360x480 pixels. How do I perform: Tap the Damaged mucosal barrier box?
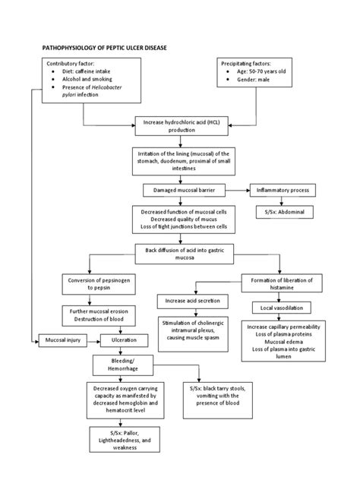(180, 190)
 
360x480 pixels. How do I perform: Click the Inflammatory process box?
(283, 190)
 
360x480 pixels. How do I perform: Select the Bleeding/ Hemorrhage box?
(124, 365)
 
